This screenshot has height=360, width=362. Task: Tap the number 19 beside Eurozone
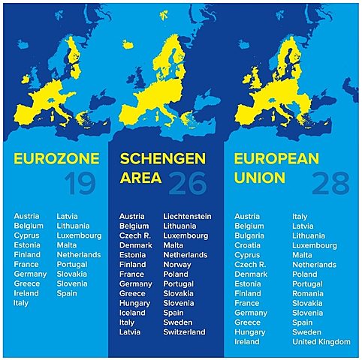click(x=80, y=182)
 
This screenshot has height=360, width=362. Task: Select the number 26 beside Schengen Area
click(x=188, y=182)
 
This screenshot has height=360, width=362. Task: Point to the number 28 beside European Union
click(x=330, y=182)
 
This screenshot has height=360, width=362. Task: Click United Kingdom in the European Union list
click(x=321, y=341)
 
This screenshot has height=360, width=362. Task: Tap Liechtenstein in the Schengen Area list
click(x=187, y=217)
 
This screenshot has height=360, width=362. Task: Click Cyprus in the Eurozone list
click(x=27, y=235)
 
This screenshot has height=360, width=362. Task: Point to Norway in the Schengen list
click(x=177, y=265)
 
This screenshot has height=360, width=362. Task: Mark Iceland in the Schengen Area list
click(x=132, y=313)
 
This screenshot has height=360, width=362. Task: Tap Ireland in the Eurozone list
click(x=26, y=293)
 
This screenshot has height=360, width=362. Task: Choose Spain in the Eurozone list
click(x=67, y=293)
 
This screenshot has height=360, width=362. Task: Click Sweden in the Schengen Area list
click(x=178, y=322)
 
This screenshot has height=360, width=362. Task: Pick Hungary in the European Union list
click(x=249, y=331)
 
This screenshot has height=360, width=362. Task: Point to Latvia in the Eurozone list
click(x=69, y=217)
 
